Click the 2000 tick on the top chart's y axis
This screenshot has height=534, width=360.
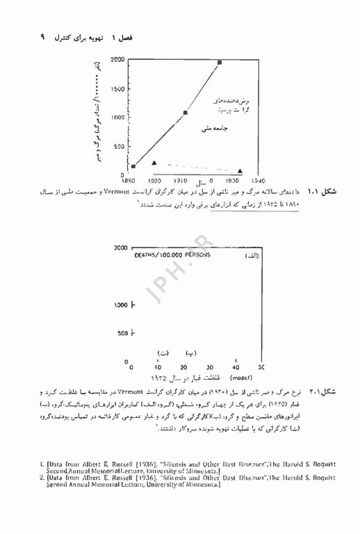point(118,60)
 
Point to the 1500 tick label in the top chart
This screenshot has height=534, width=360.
point(117,89)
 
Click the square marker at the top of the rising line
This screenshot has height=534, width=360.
point(220,63)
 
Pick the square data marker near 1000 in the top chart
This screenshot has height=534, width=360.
point(186,112)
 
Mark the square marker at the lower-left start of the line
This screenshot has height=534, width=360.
point(133,166)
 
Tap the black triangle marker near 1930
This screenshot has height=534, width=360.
point(240,170)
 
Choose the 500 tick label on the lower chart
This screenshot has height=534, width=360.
point(121,334)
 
